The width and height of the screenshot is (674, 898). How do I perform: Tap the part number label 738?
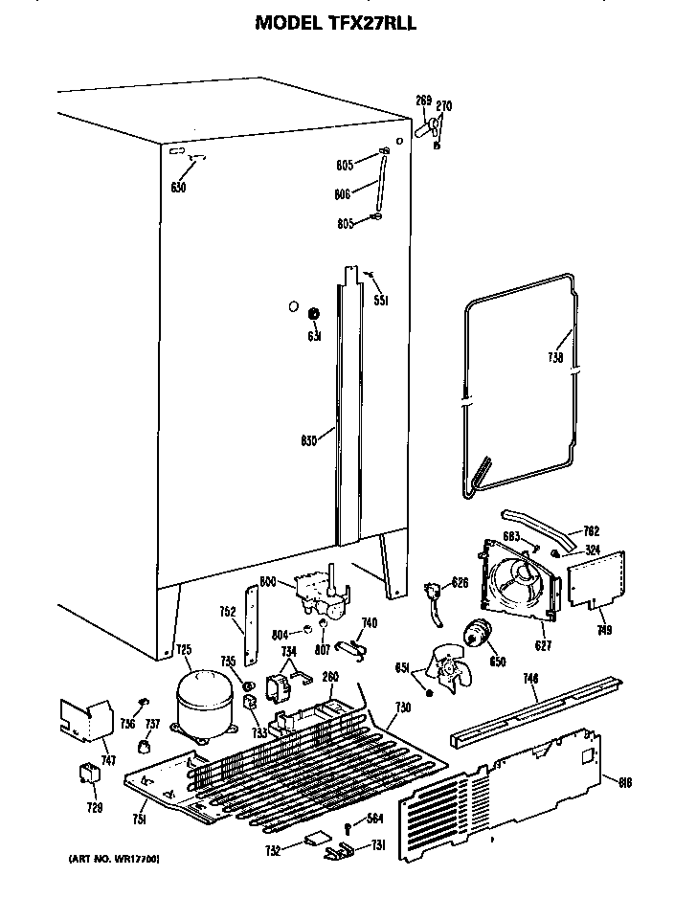(556, 360)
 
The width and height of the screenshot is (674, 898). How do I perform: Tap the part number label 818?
(625, 783)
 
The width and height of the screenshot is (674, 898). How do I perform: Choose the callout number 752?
(227, 614)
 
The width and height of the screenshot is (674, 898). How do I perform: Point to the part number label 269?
(423, 101)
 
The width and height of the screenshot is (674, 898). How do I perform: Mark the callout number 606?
(341, 192)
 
